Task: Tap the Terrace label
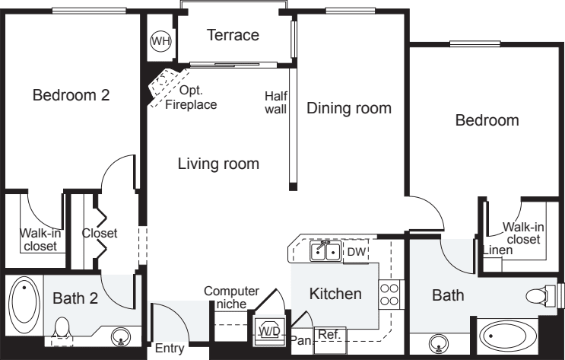click(233, 35)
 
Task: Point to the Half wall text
click(275, 103)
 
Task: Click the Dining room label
click(348, 108)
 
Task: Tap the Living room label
click(218, 163)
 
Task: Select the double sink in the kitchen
click(325, 251)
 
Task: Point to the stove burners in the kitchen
click(389, 294)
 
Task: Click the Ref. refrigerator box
click(329, 334)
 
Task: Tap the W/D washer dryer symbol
click(268, 330)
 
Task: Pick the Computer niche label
click(231, 297)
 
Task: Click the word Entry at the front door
click(169, 349)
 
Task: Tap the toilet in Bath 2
click(62, 328)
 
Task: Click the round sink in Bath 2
click(120, 336)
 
